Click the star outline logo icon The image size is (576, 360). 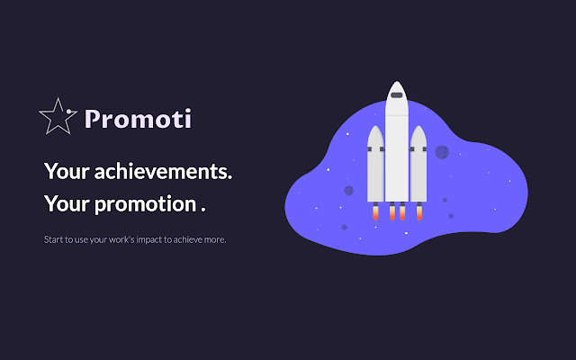[x=58, y=117]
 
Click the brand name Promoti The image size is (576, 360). [x=138, y=119]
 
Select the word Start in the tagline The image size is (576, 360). [x=52, y=240]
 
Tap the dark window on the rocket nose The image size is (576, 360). [x=396, y=94]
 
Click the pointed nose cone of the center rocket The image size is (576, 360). [x=396, y=85]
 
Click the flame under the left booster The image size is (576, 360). [x=375, y=214]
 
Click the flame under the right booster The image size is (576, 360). [x=418, y=214]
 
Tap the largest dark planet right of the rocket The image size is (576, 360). [x=442, y=152]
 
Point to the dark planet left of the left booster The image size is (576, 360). [x=348, y=190]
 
